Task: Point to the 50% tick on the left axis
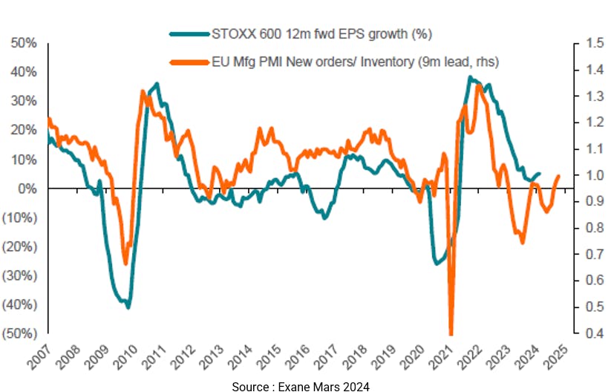coord(22,43)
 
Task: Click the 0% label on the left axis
coord(27,189)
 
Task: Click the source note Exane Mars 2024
coord(300,386)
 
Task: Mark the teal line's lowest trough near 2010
coord(128,307)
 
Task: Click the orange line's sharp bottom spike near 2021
coord(451,333)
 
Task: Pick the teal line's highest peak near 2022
coord(470,77)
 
